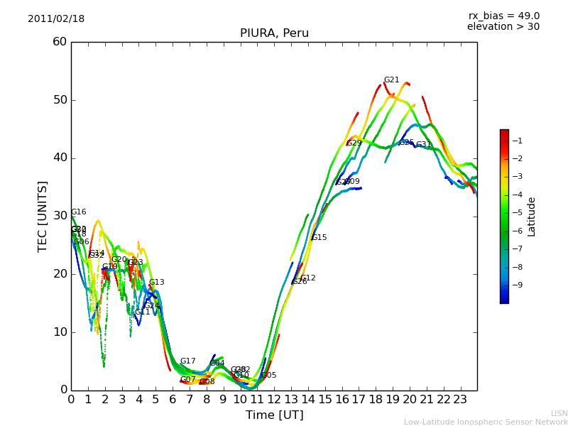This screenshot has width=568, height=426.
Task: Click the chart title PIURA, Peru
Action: pos(274,33)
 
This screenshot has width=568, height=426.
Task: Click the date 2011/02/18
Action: pos(56,19)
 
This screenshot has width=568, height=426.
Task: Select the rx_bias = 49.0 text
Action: pos(503,16)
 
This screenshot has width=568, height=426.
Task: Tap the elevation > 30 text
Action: pos(503,27)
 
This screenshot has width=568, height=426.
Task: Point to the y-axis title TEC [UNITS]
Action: pos(43,216)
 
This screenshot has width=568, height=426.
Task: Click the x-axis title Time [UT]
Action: pos(274,415)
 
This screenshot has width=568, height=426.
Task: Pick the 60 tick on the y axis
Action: pos(60,42)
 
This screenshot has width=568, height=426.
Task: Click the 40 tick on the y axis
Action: pos(60,158)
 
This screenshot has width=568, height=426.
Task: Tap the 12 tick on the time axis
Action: pos(274,400)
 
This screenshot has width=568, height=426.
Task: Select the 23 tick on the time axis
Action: pos(460,400)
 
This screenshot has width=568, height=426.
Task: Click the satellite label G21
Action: pos(391,80)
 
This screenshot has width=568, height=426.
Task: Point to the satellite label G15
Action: pos(319,238)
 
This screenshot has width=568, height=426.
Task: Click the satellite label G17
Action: pos(187,361)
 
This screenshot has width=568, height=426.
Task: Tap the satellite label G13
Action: pos(156,283)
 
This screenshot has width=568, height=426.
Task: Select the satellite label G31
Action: pos(423,145)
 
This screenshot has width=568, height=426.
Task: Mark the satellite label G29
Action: pos(354,143)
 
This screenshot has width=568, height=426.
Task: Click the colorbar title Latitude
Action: pos(531,217)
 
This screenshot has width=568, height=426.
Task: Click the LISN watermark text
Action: pos(559,413)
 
